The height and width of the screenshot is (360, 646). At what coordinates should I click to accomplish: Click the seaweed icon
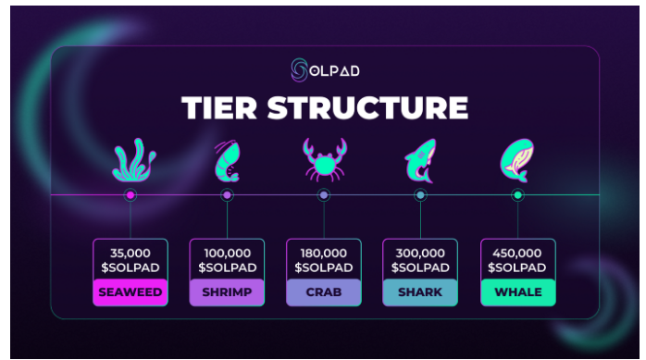134,160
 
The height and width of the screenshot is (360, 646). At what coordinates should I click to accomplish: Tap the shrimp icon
227,161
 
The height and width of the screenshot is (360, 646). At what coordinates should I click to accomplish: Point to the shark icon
420,161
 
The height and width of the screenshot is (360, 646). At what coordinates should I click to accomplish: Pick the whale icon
517,160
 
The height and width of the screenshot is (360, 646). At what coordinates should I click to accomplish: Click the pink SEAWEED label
130,292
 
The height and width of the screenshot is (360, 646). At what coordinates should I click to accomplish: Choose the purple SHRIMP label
227,292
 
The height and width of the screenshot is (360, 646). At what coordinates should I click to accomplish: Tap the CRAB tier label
324,292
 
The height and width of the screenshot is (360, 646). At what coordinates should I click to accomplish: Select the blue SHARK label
420,292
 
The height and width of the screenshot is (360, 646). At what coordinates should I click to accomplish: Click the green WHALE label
518,292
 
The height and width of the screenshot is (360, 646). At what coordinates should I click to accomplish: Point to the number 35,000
130,253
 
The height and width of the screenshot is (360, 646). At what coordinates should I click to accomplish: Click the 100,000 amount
227,253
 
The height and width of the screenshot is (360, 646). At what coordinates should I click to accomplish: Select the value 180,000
324,253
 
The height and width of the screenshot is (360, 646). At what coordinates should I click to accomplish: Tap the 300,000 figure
420,253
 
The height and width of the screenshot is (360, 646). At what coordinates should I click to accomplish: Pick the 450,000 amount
517,253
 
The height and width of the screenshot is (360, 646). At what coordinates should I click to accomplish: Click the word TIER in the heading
219,108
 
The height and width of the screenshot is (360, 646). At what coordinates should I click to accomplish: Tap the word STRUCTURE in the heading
368,108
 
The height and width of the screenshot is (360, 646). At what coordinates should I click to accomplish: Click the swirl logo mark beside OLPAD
300,70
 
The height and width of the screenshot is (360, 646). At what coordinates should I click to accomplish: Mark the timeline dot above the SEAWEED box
130,195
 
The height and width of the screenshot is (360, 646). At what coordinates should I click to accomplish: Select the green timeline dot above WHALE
518,195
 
